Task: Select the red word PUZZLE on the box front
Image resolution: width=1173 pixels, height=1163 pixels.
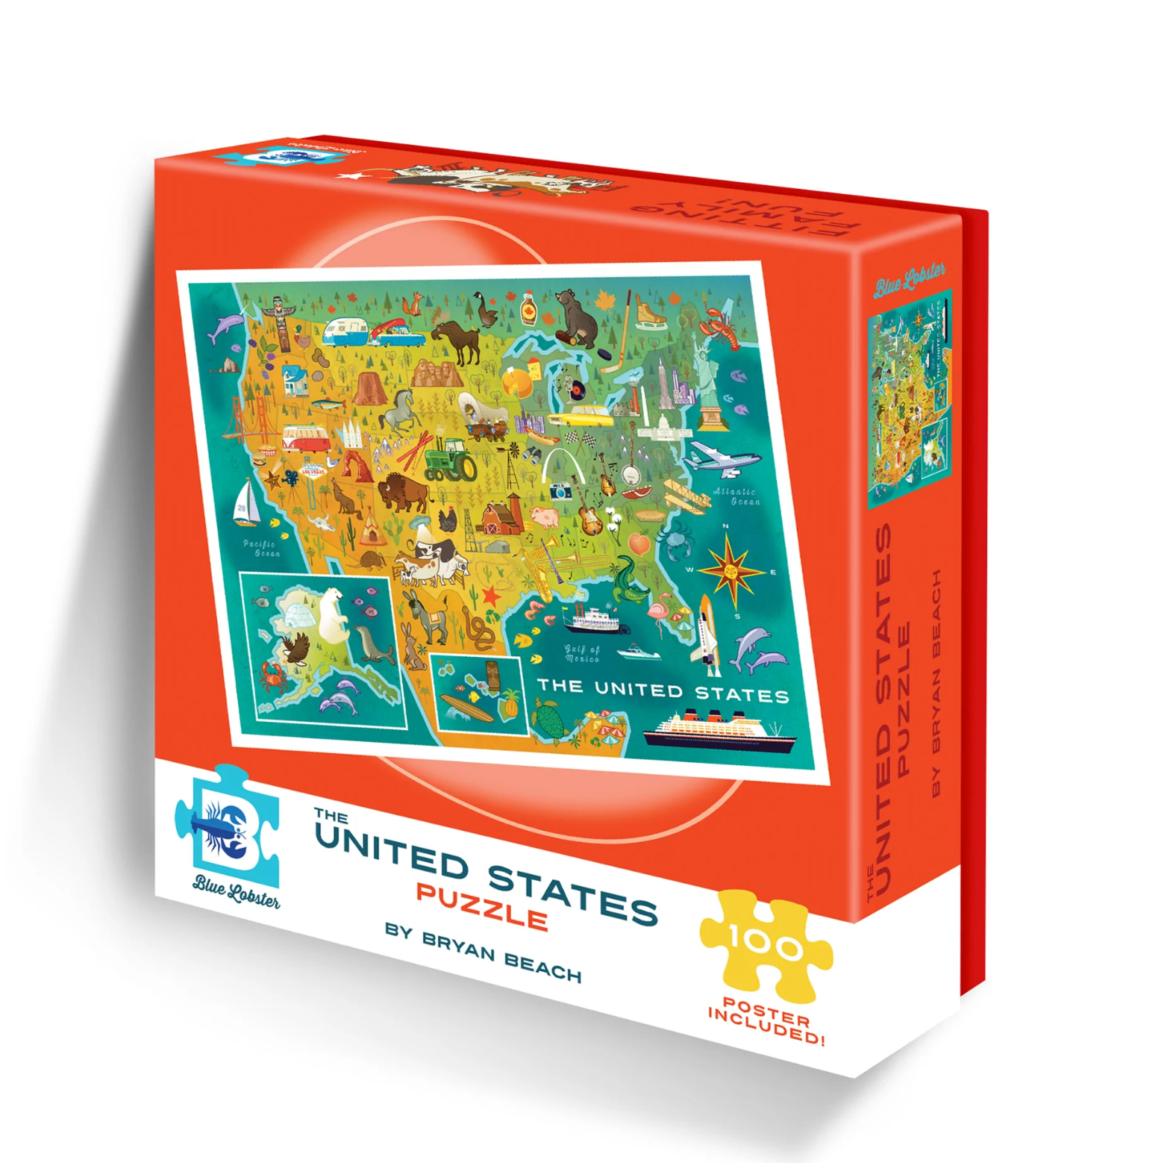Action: tap(481, 905)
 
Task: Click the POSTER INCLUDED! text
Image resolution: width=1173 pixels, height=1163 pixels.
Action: tap(766, 1021)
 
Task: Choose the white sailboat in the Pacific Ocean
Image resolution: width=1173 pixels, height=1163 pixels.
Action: tap(245, 503)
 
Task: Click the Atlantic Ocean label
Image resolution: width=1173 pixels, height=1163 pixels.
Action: tap(736, 496)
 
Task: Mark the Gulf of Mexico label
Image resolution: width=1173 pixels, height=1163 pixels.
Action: tap(582, 654)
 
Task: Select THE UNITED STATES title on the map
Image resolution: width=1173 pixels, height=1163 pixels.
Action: tap(663, 690)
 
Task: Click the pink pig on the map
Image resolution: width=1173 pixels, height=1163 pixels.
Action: tap(545, 517)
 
